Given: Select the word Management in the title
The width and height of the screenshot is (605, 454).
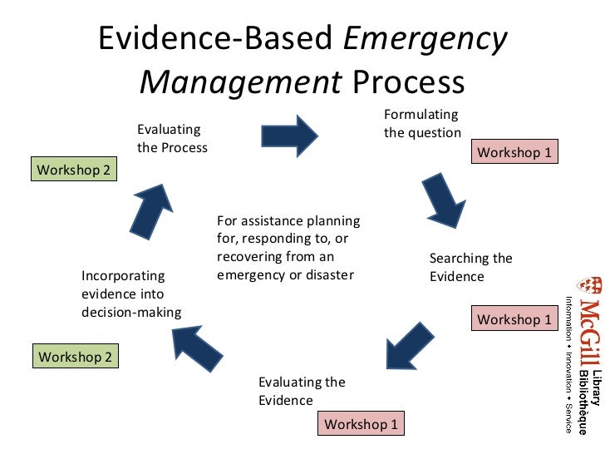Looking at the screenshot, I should (x=240, y=82).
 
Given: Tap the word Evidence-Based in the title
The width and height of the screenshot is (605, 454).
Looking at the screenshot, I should (x=218, y=40).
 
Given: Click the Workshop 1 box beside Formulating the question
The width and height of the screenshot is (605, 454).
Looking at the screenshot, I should (x=514, y=152).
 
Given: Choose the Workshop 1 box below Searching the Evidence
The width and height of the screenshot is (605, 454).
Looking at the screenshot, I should (x=514, y=319).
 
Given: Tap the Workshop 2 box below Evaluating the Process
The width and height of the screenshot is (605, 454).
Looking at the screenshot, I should (x=73, y=170).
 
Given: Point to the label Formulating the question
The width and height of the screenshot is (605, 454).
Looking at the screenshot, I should (x=421, y=123).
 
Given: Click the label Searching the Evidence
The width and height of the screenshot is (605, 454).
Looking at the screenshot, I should (x=470, y=267).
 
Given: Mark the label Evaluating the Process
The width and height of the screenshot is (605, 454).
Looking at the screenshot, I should (x=171, y=138).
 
